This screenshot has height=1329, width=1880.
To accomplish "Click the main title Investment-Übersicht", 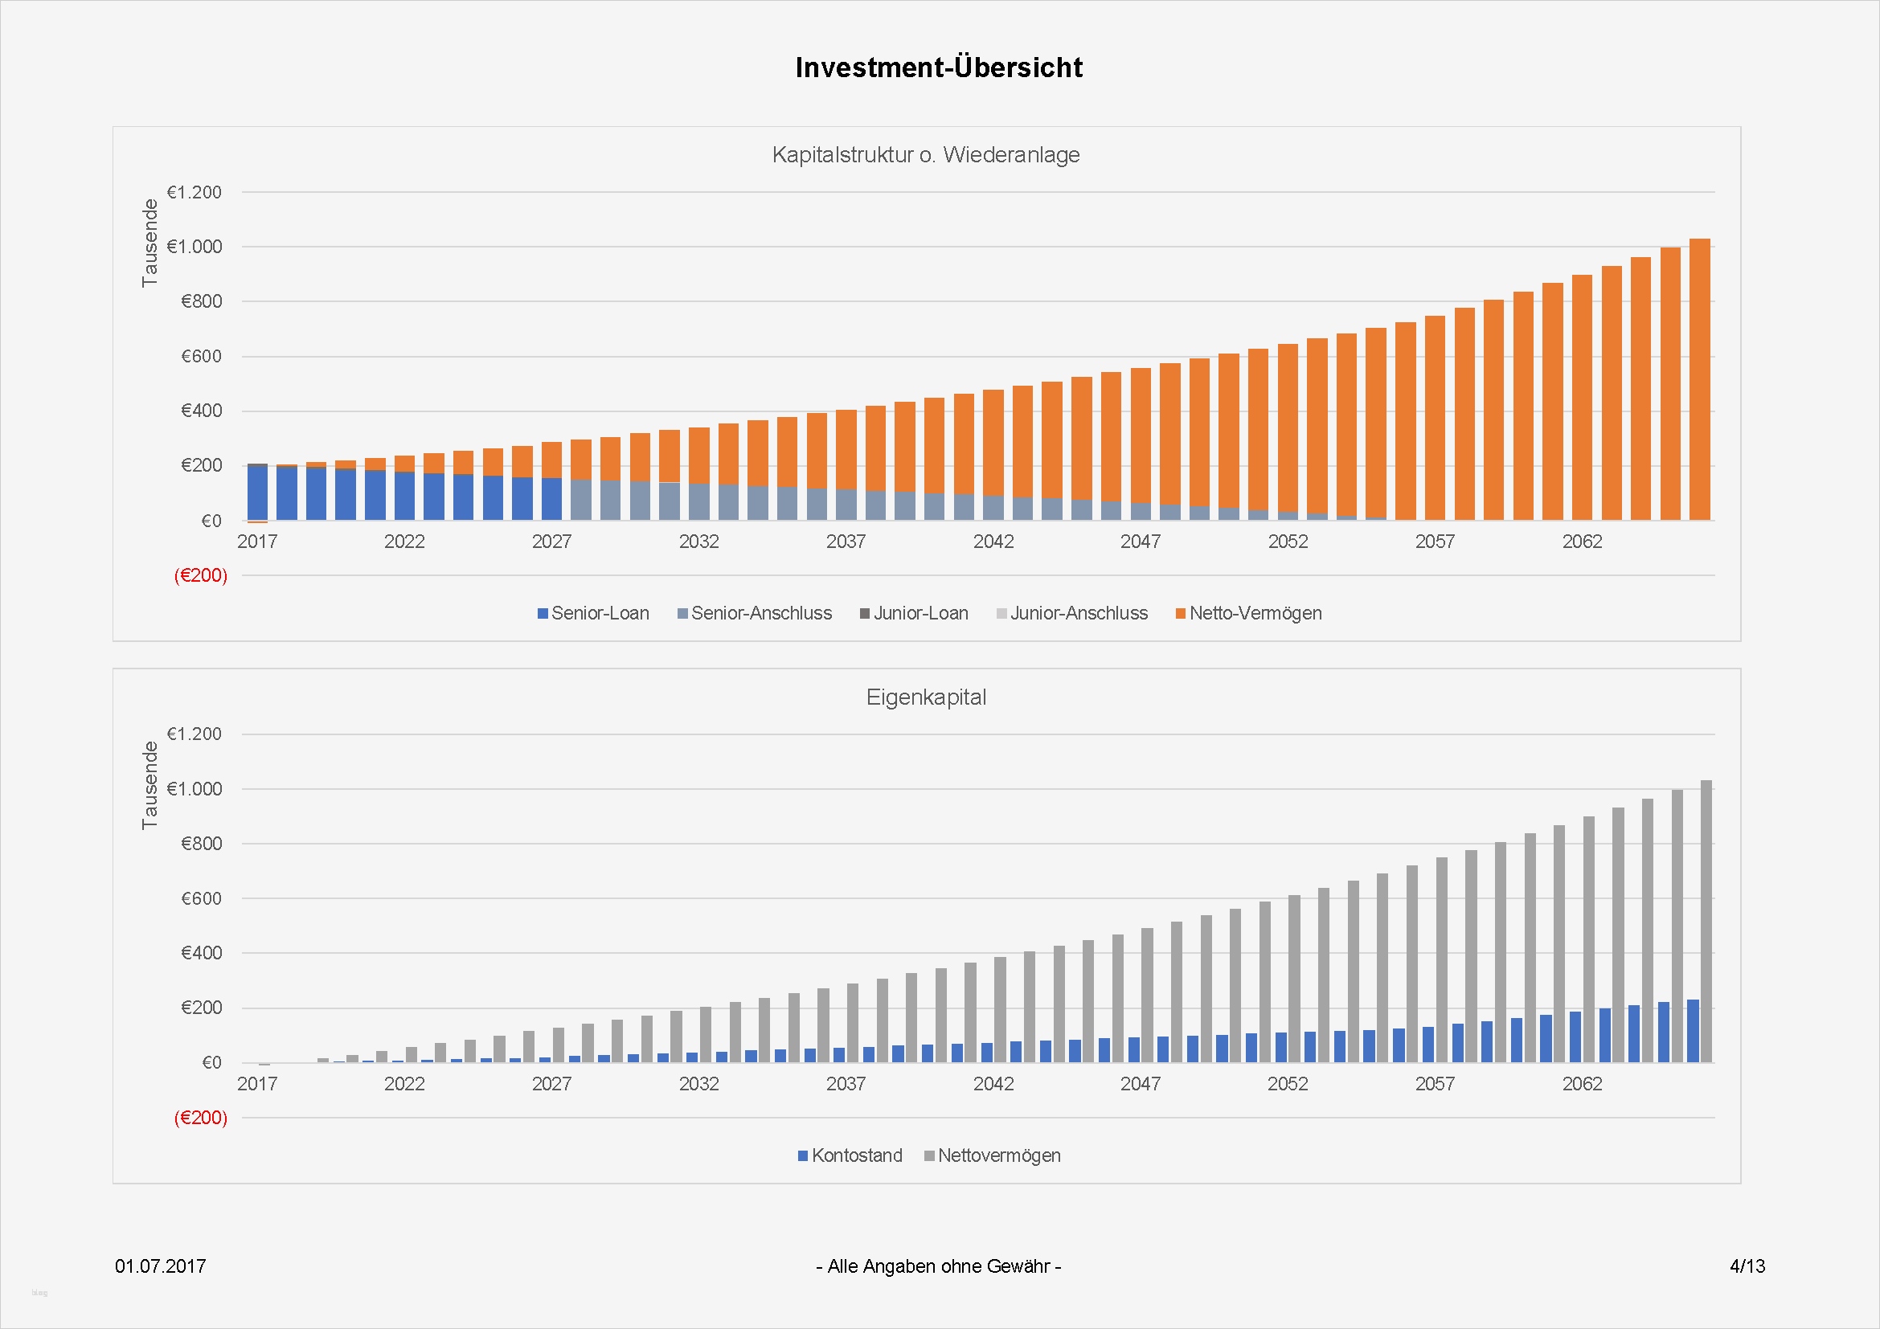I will click(x=938, y=67).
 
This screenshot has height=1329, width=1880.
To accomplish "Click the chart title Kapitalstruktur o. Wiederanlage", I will click(x=925, y=154).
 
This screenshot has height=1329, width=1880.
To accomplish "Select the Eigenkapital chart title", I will click(x=925, y=697).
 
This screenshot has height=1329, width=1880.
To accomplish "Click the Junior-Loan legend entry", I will click(x=914, y=613).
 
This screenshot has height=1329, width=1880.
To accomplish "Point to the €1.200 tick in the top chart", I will click(x=194, y=192).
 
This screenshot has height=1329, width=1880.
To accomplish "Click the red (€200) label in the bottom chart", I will click(x=201, y=1118).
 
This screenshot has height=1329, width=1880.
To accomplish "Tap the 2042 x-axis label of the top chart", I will click(x=993, y=542).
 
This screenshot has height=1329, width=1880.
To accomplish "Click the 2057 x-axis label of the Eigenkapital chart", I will click(x=1435, y=1084).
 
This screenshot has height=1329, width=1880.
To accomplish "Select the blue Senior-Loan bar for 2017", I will click(x=258, y=493).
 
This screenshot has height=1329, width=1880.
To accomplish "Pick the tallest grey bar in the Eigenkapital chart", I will click(x=1706, y=921).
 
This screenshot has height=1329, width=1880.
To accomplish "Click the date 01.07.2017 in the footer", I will click(x=161, y=1266).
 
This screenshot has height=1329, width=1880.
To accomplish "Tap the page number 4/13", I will click(x=1747, y=1266).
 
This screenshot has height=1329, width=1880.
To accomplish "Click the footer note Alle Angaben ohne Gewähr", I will click(x=938, y=1266).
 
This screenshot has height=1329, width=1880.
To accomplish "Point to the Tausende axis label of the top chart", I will click(x=149, y=243).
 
